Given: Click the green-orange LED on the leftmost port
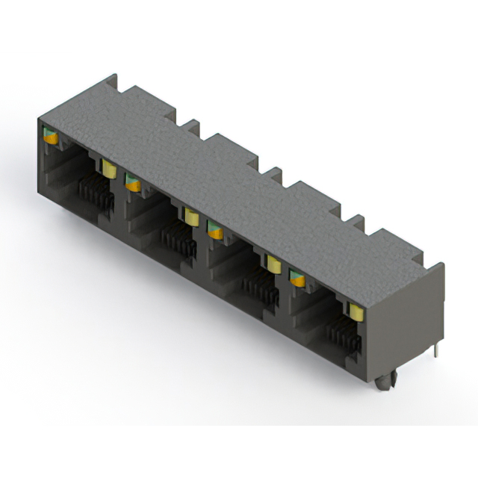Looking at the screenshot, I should [x=51, y=136].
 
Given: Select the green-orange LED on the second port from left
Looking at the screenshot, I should [x=132, y=181].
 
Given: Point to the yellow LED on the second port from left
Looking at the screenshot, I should [x=191, y=217].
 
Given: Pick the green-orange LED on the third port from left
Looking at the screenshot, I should [x=215, y=230].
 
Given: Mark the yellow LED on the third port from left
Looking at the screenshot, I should [x=273, y=264].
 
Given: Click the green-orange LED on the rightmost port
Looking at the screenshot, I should [x=297, y=278].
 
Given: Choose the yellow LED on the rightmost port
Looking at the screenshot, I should [x=356, y=311].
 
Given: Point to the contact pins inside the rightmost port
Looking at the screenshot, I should [x=345, y=334].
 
